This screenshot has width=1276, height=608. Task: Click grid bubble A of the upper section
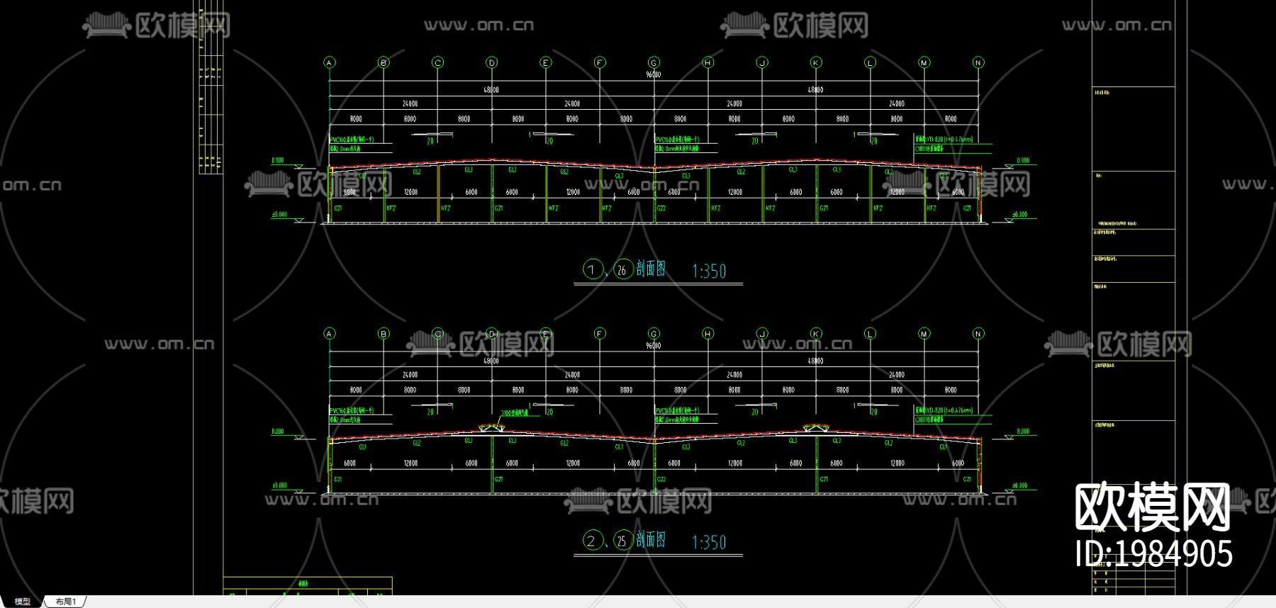pos(329,62)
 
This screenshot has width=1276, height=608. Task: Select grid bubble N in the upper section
pos(978,62)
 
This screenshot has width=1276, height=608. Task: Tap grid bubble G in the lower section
pos(654,334)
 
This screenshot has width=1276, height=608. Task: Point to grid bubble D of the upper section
pos(492,62)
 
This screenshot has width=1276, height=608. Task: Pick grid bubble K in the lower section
pos(816,334)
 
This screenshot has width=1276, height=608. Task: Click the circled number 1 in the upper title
pos(592,269)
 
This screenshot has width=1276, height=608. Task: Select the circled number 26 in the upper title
pos(622,269)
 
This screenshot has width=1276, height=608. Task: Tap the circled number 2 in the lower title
pos(592,541)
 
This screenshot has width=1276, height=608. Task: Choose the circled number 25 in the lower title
pos(622,541)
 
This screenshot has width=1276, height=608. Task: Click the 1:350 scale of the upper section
pos(709,271)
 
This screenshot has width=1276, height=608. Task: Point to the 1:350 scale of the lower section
pos(709,542)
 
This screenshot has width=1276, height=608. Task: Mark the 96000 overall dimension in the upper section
pos(653,74)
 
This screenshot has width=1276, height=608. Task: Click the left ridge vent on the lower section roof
pos(491,428)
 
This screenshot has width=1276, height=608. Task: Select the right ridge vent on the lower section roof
pos(815,428)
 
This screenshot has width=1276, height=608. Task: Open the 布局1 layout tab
pos(66,602)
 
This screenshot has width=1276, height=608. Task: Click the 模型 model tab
pos(23,602)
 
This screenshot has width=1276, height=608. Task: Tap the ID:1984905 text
pos(1153,553)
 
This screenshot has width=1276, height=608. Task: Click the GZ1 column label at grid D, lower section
pos(499,480)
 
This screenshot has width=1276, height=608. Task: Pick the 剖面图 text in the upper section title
pos(651,269)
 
